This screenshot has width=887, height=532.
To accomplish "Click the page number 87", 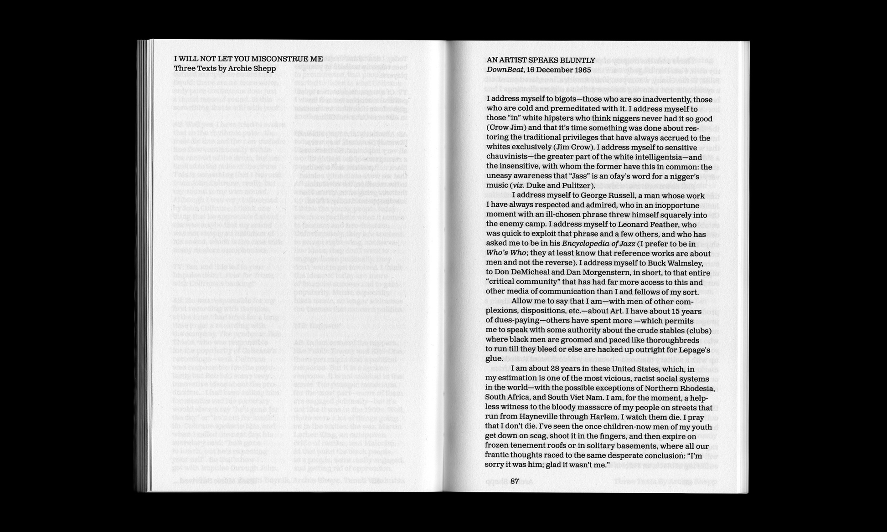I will coord(515,481).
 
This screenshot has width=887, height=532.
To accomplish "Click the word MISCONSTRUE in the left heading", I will coord(280,59).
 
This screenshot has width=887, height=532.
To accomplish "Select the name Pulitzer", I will coord(579,186).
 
